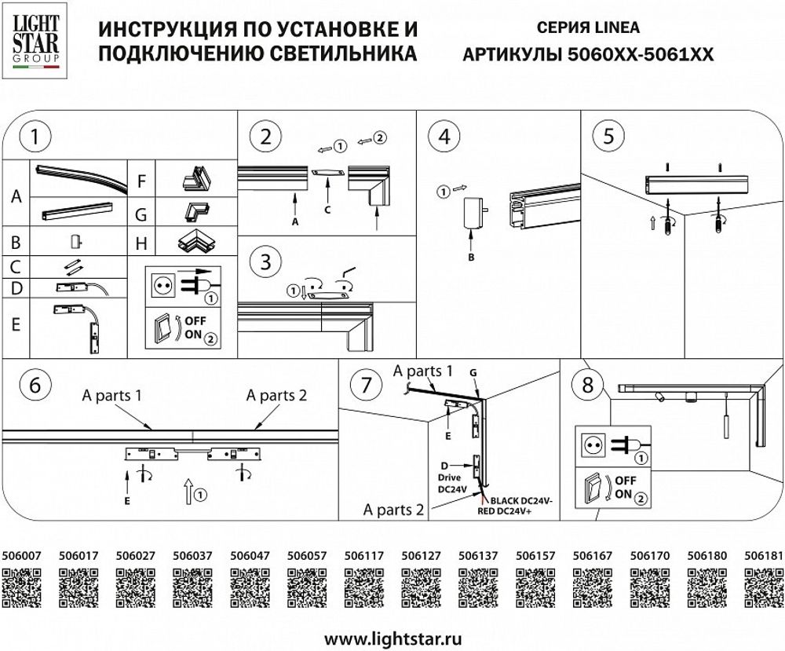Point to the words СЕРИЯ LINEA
(x=588, y=27)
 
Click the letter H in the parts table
(x=141, y=243)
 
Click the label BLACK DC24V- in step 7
(x=523, y=499)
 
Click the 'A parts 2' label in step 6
(x=276, y=395)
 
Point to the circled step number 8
(x=587, y=385)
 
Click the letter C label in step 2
(x=327, y=209)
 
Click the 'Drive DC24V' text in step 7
(x=452, y=480)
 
